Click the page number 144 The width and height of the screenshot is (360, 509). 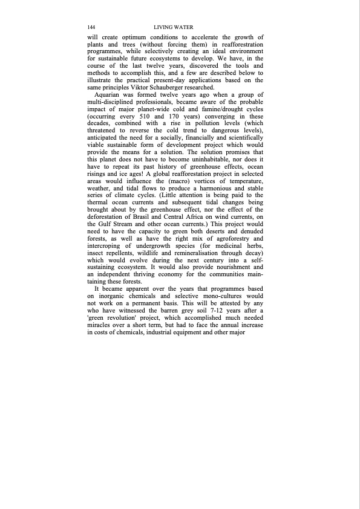[91, 28]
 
